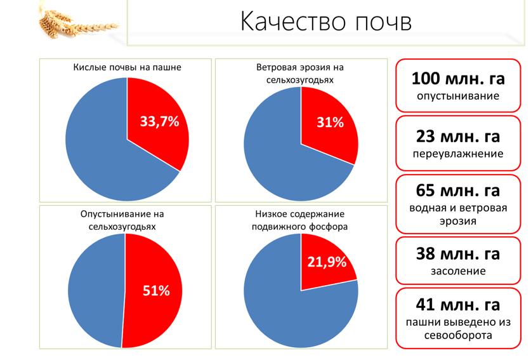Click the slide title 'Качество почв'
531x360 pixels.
click(x=326, y=22)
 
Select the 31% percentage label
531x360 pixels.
click(x=330, y=123)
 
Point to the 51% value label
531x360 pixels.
click(x=155, y=291)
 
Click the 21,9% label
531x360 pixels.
click(x=327, y=262)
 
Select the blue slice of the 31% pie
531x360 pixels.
click(x=273, y=152)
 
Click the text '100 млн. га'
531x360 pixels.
click(x=458, y=79)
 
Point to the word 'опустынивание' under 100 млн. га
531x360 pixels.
click(x=458, y=97)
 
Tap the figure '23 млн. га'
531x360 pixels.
click(x=458, y=136)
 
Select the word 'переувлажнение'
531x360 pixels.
click(x=458, y=154)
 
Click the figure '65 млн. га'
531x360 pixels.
click(x=458, y=190)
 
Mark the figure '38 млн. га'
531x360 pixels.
click(x=458, y=254)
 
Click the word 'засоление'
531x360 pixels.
click(x=458, y=271)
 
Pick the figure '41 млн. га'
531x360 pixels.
click(x=458, y=304)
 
